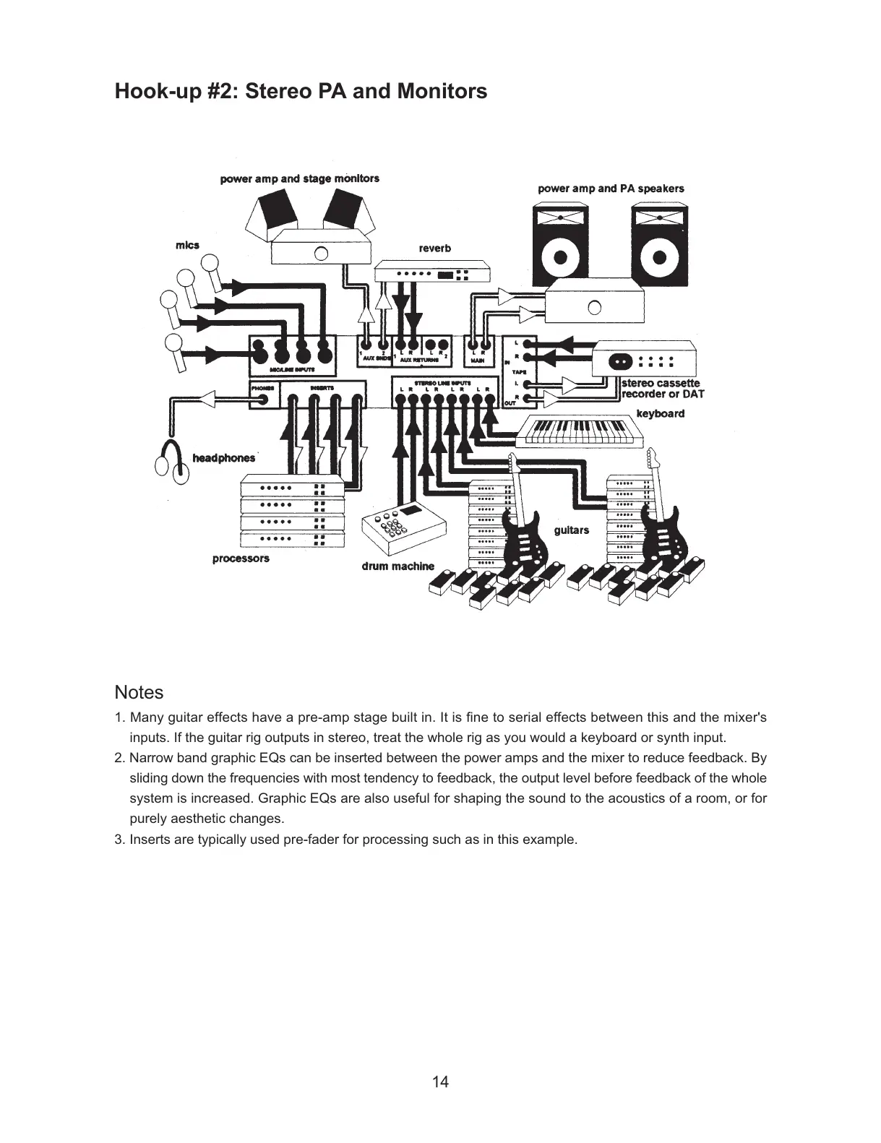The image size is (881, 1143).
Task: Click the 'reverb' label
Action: click(x=435, y=249)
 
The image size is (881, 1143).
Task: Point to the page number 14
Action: click(x=440, y=1082)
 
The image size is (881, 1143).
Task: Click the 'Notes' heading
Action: click(x=139, y=692)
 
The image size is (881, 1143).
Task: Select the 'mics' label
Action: click(x=187, y=245)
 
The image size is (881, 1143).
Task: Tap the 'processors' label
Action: click(x=241, y=558)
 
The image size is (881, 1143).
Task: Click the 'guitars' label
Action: click(x=571, y=530)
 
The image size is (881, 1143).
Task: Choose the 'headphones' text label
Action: click(x=223, y=458)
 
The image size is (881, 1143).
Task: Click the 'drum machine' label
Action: click(x=397, y=566)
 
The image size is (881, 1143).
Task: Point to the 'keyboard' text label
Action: click(x=660, y=413)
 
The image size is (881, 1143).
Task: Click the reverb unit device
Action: click(x=434, y=273)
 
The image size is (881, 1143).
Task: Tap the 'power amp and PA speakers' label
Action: click(x=611, y=189)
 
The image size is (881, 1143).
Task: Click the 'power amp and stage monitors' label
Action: click(x=299, y=178)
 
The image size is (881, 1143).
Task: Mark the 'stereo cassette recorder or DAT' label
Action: click(x=662, y=389)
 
